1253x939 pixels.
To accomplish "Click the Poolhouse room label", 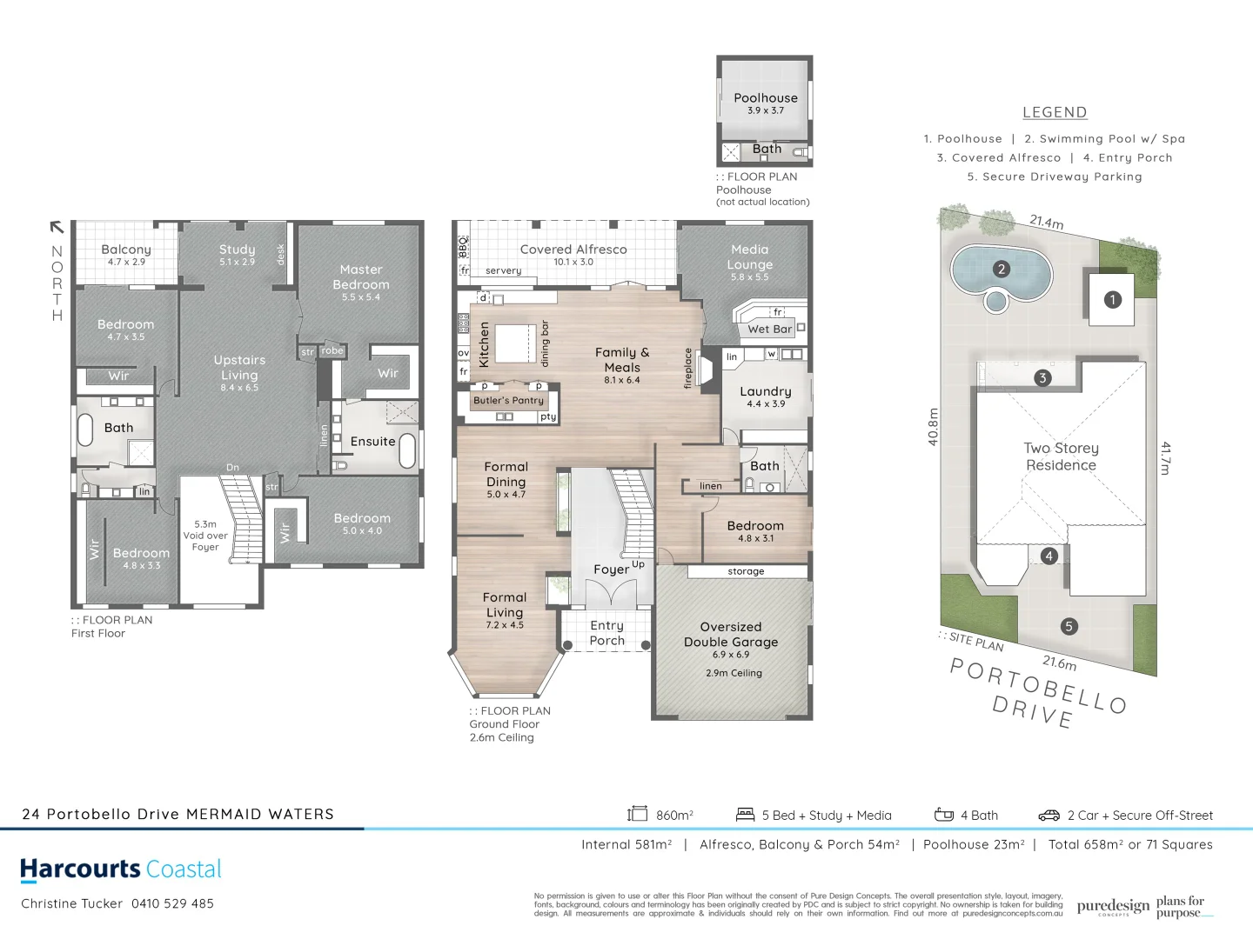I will [765, 98].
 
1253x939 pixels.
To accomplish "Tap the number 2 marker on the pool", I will [1002, 270].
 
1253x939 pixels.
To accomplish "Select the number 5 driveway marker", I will [1069, 626].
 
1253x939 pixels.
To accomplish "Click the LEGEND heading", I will [1055, 112].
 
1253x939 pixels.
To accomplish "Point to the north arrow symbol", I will [57, 228].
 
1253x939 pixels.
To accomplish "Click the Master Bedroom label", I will [360, 277].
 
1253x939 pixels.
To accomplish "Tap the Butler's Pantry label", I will [508, 401].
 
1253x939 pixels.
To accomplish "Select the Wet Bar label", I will [769, 329].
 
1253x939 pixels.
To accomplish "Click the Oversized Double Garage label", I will [731, 635].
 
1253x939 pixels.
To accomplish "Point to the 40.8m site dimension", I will [934, 427].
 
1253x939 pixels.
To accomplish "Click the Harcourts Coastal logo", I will [121, 869].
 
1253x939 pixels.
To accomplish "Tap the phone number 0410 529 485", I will [172, 903].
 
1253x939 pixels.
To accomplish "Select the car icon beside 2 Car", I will [1049, 816].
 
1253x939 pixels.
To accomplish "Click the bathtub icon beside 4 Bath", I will [944, 815].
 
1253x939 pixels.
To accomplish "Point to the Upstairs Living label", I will [239, 368].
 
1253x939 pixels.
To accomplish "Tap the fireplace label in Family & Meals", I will [688, 368].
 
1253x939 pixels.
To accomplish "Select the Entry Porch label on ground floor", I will [606, 633].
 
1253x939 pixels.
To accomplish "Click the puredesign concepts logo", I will [1113, 907].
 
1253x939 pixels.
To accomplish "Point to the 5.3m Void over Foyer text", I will [205, 536].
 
